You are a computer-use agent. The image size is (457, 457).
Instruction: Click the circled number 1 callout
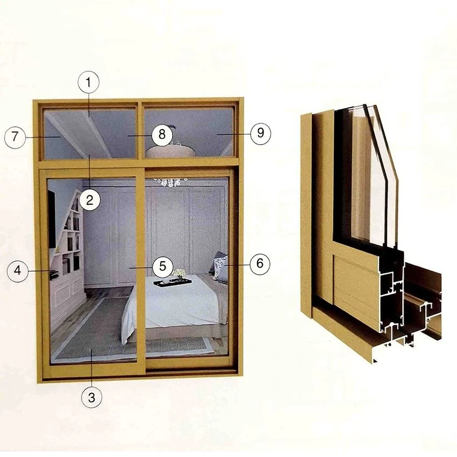[88, 82]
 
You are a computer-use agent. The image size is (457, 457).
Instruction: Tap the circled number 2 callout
[90, 200]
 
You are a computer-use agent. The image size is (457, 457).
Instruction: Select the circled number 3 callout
[91, 397]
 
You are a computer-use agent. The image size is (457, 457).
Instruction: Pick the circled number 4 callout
[18, 271]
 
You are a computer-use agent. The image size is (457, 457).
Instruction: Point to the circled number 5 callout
[162, 266]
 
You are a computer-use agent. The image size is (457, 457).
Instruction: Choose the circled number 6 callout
[260, 264]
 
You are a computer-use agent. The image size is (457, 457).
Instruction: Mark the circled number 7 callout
[15, 137]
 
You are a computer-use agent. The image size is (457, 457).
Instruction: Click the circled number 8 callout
[162, 134]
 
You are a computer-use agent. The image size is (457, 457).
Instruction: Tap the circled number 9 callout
[260, 133]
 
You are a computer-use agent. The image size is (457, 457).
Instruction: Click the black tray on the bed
[173, 282]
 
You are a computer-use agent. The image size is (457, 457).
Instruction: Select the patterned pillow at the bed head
[220, 267]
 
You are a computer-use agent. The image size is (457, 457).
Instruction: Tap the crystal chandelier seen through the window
[170, 182]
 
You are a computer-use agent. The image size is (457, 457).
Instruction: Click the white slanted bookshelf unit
[68, 248]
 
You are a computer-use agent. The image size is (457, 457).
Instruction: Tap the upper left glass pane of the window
[90, 134]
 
